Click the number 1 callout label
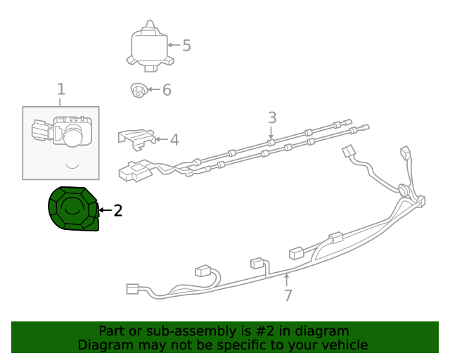61,89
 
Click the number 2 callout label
118,210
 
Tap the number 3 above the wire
272,117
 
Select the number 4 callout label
174,140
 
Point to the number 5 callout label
186,46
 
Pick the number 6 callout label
167,90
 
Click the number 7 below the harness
288,295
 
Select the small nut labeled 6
138,90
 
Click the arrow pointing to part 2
104,210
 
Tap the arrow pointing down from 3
272,132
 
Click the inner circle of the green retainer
72,206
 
